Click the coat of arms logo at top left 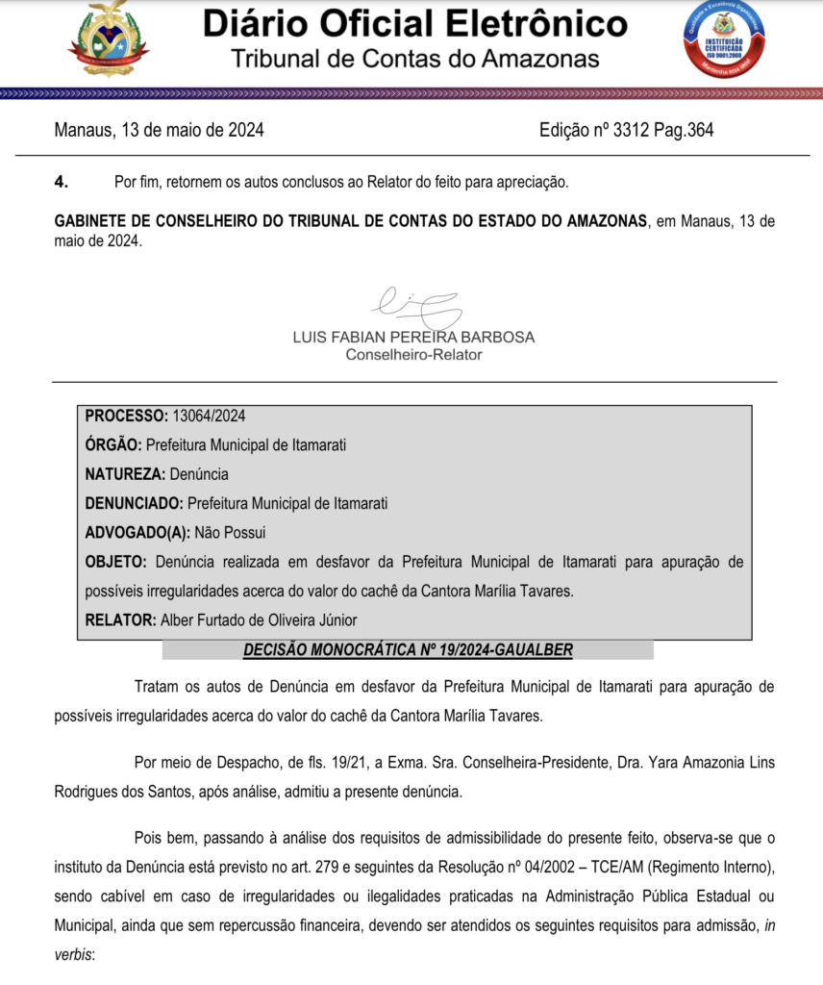click(x=110, y=39)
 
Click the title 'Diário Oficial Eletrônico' click(x=414, y=24)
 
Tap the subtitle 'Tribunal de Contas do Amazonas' click(x=414, y=59)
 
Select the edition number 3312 click(x=631, y=130)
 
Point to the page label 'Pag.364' click(x=684, y=130)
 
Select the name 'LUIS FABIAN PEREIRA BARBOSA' click(x=413, y=338)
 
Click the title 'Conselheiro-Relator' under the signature click(x=413, y=355)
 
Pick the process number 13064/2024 click(x=209, y=417)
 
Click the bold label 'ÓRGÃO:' click(x=113, y=445)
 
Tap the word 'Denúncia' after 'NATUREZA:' click(x=199, y=474)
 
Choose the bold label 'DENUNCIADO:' click(x=134, y=503)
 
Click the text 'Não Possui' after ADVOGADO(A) click(x=230, y=532)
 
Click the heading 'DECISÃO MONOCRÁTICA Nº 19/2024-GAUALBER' click(x=408, y=650)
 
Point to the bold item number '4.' click(x=62, y=182)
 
